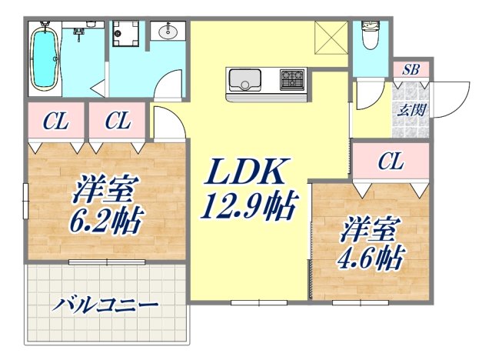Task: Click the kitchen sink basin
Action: (244, 79)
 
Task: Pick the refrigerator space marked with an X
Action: (331, 37)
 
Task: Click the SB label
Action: (411, 69)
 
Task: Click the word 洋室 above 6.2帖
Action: (105, 188)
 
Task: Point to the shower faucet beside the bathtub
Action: (78, 32)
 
